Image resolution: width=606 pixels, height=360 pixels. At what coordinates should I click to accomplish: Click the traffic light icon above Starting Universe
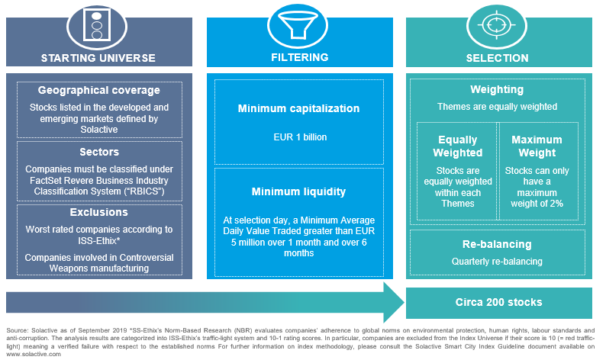point(97,25)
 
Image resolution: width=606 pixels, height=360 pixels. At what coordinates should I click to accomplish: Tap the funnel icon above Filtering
point(298,24)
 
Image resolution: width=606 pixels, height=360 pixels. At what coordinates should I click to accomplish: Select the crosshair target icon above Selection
point(497,25)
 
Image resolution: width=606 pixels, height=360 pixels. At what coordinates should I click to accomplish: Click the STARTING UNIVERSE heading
point(98,58)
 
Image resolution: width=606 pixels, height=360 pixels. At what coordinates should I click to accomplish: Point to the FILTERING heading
point(299,57)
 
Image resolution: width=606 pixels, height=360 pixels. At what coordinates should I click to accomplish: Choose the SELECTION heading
point(497,58)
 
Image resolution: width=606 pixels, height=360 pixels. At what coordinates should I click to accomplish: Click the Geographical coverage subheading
point(99,90)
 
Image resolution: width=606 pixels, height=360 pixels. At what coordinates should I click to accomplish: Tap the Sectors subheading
point(99,152)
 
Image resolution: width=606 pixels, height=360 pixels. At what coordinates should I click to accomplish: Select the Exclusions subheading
point(99,212)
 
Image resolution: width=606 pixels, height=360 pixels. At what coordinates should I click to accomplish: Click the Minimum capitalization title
point(298,108)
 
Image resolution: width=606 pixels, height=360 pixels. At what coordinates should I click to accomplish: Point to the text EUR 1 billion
point(300,137)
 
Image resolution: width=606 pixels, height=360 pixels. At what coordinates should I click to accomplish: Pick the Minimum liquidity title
point(298,191)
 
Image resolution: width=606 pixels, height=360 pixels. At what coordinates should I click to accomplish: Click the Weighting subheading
point(497,89)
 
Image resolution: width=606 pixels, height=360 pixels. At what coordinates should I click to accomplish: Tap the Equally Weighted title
point(458,146)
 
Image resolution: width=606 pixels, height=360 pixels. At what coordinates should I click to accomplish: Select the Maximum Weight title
point(537,146)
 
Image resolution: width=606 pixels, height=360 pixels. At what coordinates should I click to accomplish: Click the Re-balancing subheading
point(497,244)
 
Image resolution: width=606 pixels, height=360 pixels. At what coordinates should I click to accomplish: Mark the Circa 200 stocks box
point(498,303)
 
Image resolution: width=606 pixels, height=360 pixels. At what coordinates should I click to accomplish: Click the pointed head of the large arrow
point(404,303)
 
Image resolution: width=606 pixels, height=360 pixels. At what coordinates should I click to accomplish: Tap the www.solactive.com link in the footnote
point(34,354)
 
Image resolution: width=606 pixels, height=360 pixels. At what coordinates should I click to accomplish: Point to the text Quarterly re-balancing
point(497,262)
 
